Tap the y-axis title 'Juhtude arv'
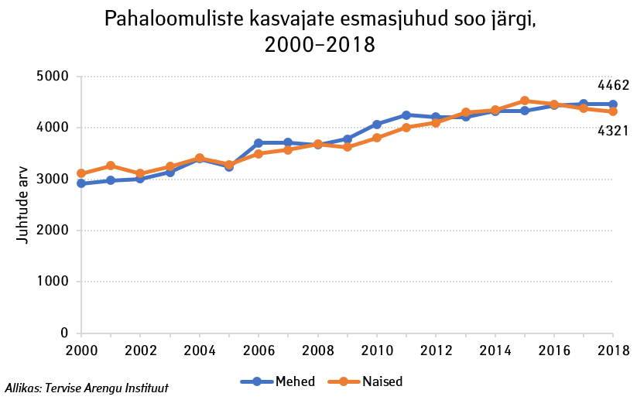[x=24, y=206]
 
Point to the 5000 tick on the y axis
[x=53, y=77]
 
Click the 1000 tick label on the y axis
[x=53, y=282]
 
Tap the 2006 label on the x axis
[x=259, y=350]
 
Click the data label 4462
[x=613, y=85]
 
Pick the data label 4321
[x=613, y=132]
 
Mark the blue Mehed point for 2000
[x=81, y=183]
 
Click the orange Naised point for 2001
[x=111, y=166]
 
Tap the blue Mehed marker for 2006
[x=259, y=143]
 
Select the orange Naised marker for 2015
[x=525, y=101]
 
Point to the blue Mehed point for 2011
[x=406, y=115]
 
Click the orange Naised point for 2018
[x=613, y=111]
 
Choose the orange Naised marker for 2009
[x=348, y=147]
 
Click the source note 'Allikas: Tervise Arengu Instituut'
[x=87, y=388]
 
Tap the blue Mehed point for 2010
[x=377, y=125]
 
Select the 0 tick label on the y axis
[x=64, y=333]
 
